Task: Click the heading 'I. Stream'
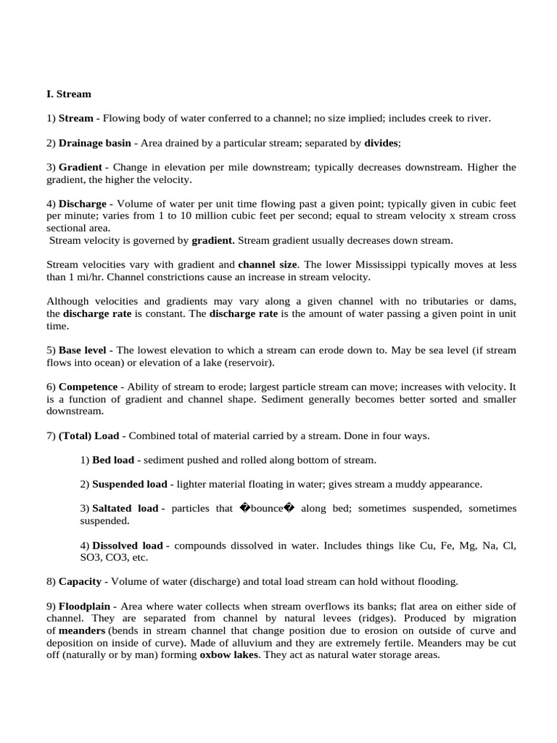(69, 94)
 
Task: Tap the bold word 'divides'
(381, 144)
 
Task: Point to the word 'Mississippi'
(388, 265)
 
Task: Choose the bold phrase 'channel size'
(268, 265)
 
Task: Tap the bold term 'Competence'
(88, 387)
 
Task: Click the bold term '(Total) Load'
(88, 435)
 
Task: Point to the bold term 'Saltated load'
(125, 509)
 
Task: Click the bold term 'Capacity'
(79, 581)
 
